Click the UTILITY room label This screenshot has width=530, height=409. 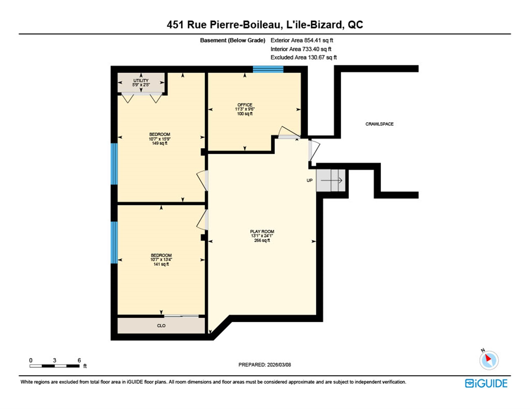[141, 81]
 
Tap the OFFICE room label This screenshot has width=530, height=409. [245, 105]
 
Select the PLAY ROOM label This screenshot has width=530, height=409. [262, 232]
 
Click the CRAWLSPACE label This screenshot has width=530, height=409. [379, 124]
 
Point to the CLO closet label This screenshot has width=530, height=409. [161, 326]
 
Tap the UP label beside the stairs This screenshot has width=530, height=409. [309, 180]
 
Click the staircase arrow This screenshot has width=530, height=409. [331, 180]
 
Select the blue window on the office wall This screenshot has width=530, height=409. [268, 69]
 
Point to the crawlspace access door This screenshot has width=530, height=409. [314, 151]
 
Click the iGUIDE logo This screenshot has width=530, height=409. [486, 383]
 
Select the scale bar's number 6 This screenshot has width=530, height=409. [79, 360]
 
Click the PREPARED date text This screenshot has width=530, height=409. [264, 365]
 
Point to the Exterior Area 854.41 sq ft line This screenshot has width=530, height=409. [302, 40]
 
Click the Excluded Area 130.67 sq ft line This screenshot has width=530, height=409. [303, 57]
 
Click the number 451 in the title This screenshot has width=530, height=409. [175, 25]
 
